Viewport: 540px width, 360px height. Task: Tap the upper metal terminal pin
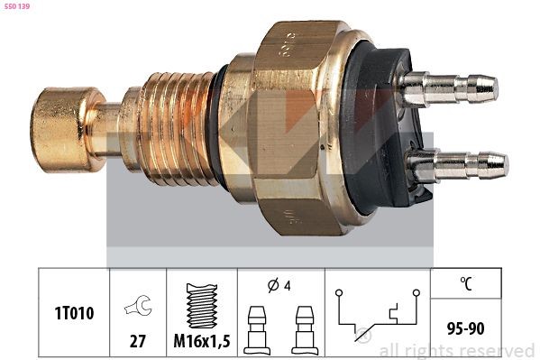tap(451, 88)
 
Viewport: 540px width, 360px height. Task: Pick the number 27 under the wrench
tap(138, 342)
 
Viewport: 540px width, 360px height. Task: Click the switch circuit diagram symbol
tap(377, 313)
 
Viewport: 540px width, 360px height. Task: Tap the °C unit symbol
tap(465, 283)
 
